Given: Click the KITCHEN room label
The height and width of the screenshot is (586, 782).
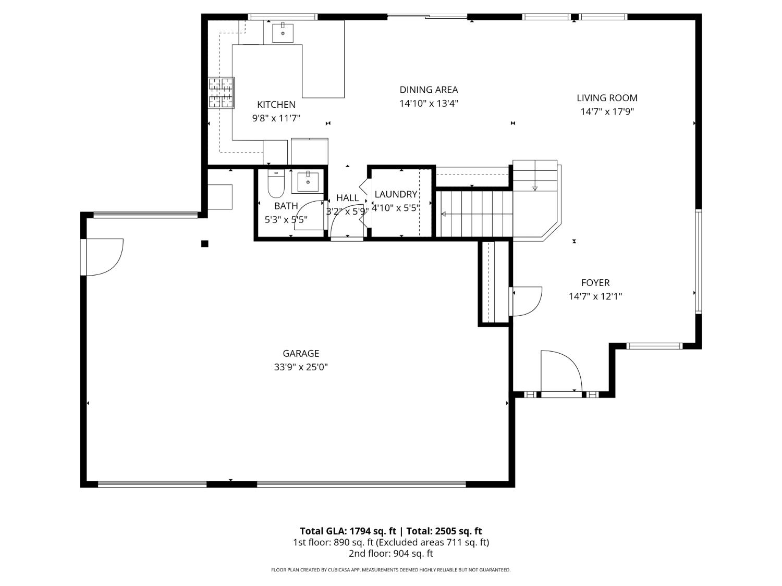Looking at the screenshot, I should [x=276, y=105].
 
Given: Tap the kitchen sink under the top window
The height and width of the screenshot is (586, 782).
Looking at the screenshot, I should [x=283, y=33].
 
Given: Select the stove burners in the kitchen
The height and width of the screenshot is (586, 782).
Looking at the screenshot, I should [x=221, y=93].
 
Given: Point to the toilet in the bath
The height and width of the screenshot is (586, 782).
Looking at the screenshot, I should [x=276, y=184].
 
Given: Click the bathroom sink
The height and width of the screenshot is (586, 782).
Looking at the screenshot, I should [x=308, y=182].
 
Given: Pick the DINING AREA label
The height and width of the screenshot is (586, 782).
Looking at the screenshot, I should [x=429, y=90].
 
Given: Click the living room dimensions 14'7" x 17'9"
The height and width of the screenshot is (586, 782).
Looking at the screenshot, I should [x=607, y=111].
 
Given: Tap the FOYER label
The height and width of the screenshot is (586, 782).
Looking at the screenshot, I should [x=595, y=283].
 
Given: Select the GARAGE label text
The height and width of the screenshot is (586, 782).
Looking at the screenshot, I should [x=301, y=354].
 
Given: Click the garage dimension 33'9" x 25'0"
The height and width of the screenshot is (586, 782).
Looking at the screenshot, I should [x=301, y=367].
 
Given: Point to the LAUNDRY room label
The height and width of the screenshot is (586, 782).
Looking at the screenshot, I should [x=396, y=194].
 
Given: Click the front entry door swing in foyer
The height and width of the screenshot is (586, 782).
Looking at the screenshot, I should [x=560, y=371].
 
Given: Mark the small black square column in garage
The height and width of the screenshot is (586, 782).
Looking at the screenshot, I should [x=205, y=243].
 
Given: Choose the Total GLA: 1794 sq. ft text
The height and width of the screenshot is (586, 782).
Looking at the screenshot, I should [x=348, y=531].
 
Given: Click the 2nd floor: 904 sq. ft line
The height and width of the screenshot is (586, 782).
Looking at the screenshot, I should [x=390, y=554].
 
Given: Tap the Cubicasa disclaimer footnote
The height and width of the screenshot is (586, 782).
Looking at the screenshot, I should [x=390, y=570].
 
